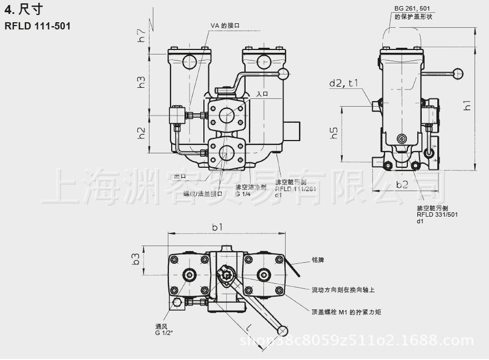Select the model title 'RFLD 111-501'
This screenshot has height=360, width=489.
click(x=37, y=26)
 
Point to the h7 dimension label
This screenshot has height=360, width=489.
click(x=142, y=36)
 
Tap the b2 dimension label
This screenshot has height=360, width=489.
click(x=402, y=184)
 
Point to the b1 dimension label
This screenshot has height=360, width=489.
click(x=217, y=227)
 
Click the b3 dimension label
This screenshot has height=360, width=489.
click(x=135, y=259)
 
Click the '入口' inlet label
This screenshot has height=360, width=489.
click(x=262, y=94)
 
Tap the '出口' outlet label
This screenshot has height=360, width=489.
click(x=179, y=176)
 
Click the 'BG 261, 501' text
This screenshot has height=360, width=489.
click(x=412, y=8)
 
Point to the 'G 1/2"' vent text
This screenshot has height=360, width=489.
click(x=164, y=333)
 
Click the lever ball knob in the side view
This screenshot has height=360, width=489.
click(x=458, y=72)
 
